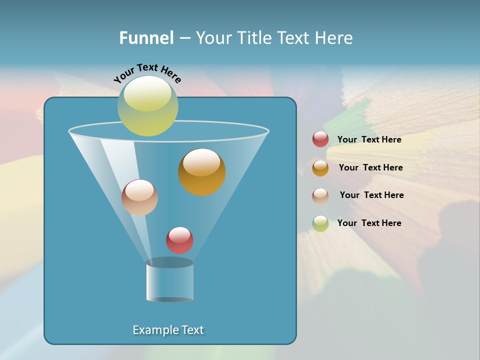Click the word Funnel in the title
(x=146, y=37)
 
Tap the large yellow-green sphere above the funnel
(x=147, y=106)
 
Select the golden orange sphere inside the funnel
(x=201, y=172)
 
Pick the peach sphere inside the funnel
(x=139, y=198)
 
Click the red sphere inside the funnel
(x=179, y=240)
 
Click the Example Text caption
(x=168, y=330)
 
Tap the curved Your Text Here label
(x=147, y=73)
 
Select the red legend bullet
(x=320, y=139)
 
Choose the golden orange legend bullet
(x=320, y=168)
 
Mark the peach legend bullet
(x=320, y=195)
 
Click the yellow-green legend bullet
(x=320, y=223)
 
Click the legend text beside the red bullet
(x=369, y=139)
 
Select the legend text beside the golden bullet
(x=370, y=167)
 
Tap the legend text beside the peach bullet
(x=371, y=195)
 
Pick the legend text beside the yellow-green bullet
(x=369, y=223)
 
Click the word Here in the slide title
(x=334, y=37)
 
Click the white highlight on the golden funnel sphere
(x=201, y=162)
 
